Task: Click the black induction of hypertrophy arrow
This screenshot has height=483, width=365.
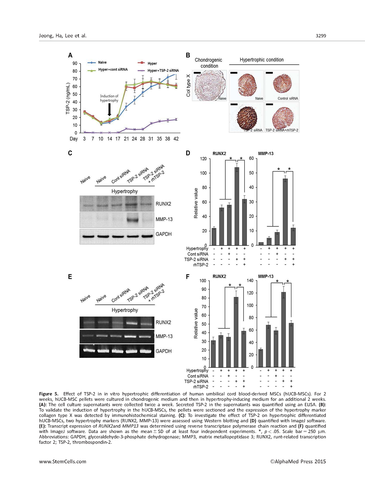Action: (x=110, y=109)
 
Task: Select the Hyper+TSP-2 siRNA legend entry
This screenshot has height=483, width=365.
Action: (x=163, y=70)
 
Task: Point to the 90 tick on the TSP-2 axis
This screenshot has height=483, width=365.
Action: (x=75, y=63)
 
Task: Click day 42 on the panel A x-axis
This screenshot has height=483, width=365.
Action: (x=176, y=139)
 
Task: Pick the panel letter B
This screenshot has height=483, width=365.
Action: (x=188, y=55)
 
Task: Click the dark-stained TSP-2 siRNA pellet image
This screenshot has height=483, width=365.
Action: (x=247, y=117)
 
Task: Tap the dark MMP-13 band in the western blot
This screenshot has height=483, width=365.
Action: (x=132, y=219)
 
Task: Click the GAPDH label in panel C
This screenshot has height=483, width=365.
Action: (x=164, y=234)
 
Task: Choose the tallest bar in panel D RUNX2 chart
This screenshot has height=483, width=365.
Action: (x=237, y=206)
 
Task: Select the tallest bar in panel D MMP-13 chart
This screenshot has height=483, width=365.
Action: (x=285, y=212)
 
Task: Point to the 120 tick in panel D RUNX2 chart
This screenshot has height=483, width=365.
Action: (x=203, y=159)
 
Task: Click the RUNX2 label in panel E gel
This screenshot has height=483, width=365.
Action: (x=163, y=322)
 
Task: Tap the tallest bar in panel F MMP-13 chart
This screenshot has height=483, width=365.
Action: (x=283, y=330)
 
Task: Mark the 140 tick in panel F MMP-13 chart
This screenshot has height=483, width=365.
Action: (x=250, y=281)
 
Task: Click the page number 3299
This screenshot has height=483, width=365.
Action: (x=321, y=36)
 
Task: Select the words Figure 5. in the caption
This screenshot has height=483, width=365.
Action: (x=48, y=394)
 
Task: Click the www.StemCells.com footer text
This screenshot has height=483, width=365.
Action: (x=63, y=461)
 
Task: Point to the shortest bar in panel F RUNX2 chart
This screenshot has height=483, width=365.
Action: (x=213, y=354)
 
